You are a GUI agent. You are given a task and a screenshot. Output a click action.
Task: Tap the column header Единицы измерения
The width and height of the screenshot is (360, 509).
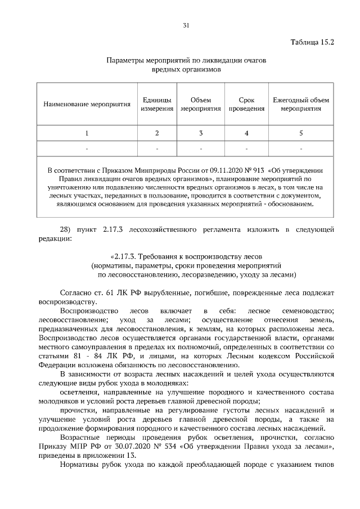157,104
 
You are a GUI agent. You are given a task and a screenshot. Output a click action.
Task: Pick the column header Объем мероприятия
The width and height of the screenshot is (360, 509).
201,104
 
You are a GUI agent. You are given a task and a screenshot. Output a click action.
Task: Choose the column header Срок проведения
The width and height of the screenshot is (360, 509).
246,104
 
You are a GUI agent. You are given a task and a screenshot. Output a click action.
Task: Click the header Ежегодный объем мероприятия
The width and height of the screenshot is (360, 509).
301,104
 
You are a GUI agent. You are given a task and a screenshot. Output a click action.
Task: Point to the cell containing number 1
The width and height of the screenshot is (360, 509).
87,133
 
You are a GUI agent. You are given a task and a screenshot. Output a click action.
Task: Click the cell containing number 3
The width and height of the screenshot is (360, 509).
201,133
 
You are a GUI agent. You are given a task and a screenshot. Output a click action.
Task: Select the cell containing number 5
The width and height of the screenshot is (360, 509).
301,133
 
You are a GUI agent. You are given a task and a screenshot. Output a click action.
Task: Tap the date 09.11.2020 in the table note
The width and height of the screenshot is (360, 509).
213,169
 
